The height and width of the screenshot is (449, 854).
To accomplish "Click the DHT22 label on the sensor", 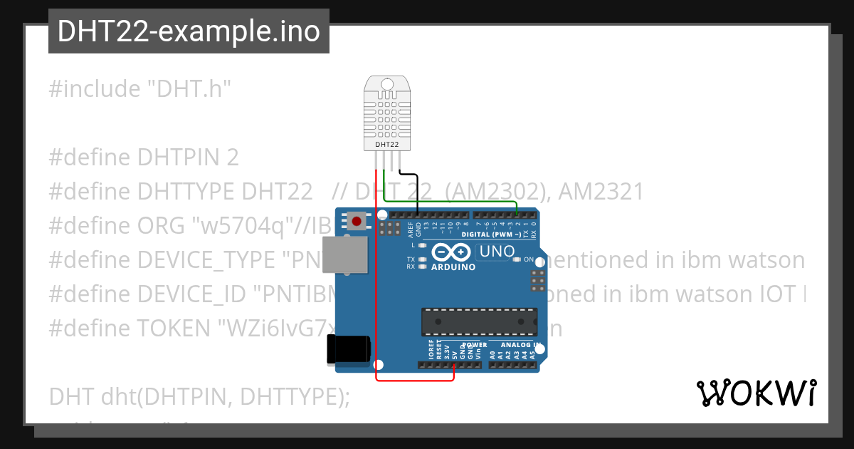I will click(387, 145).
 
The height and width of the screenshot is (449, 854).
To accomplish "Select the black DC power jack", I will click(348, 349).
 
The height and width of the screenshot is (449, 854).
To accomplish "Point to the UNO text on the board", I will click(497, 252).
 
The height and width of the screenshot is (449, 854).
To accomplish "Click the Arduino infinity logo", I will click(451, 252).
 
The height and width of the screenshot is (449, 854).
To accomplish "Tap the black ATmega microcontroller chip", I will click(478, 321).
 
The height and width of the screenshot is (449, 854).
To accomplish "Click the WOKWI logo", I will click(756, 393).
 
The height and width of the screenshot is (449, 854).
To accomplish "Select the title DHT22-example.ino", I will click(189, 32).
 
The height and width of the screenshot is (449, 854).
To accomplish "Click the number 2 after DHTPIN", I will click(233, 157).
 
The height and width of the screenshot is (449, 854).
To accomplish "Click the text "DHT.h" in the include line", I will click(189, 89).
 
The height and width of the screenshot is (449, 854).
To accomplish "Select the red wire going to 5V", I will click(376, 285).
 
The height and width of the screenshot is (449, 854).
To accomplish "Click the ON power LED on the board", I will click(517, 260).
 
